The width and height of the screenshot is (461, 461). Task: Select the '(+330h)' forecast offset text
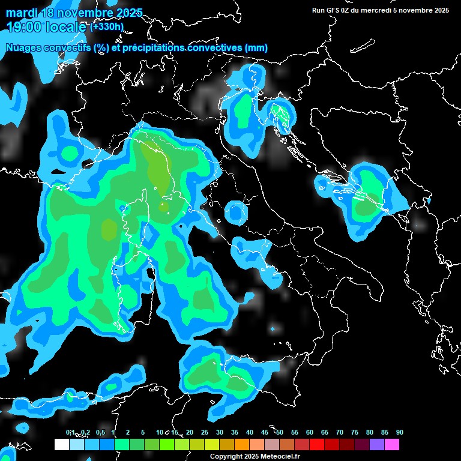(107, 26)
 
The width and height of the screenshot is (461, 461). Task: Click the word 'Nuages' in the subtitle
(23, 48)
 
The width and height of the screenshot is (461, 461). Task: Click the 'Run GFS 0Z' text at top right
(336, 10)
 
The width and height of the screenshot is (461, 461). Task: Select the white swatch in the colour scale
(61, 445)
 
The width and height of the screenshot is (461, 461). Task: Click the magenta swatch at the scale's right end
(392, 445)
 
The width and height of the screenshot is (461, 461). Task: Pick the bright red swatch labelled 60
(317, 445)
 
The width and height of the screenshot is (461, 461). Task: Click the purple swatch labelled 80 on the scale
(377, 445)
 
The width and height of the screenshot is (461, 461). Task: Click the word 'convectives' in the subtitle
(203, 48)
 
